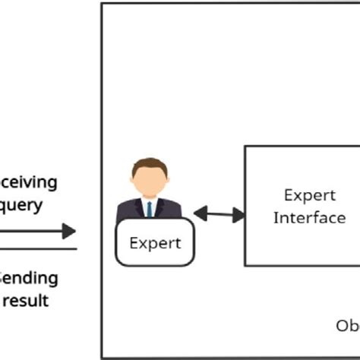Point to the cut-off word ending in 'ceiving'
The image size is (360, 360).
click(x=28, y=182)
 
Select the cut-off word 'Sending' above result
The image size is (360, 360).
click(x=29, y=278)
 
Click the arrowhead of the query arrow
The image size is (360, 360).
click(x=69, y=231)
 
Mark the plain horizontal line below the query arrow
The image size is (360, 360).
click(x=38, y=248)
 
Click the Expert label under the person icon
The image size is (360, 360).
click(x=155, y=243)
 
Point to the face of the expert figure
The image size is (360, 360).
click(x=149, y=181)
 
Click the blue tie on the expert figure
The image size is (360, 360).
click(x=150, y=208)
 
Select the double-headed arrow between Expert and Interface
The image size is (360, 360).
click(x=219, y=215)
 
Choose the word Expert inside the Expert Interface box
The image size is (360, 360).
click(x=304, y=195)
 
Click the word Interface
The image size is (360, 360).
click(x=309, y=217)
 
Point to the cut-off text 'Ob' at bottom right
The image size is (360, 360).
click(x=347, y=326)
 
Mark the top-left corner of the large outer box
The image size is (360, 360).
click(x=102, y=4)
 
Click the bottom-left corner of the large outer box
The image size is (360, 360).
click(x=102, y=358)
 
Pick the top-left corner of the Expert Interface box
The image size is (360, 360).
click(x=245, y=147)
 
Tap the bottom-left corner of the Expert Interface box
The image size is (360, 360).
click(x=245, y=265)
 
